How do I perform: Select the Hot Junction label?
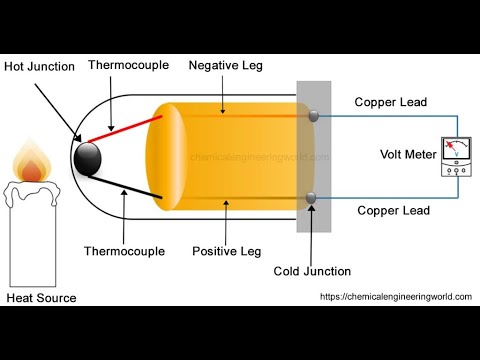point(38,66)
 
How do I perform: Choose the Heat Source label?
point(41,298)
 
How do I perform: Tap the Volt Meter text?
point(406,154)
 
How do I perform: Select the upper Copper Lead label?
point(393,102)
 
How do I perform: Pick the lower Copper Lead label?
point(393,211)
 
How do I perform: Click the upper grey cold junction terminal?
point(313,116)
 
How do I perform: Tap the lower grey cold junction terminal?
point(312,197)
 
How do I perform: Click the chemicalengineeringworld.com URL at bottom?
point(395,296)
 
